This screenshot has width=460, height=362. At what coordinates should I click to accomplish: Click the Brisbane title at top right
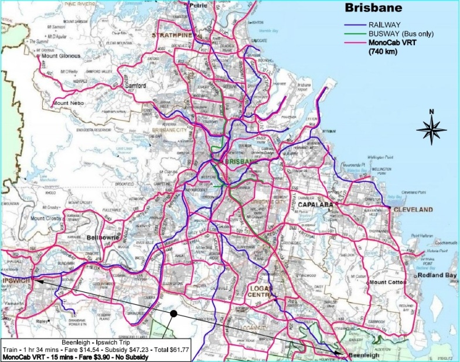pyautogui.click(x=373, y=9)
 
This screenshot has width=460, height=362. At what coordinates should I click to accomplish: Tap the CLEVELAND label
pyautogui.click(x=413, y=209)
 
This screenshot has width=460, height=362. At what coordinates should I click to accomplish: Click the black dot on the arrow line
pyautogui.click(x=173, y=314)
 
